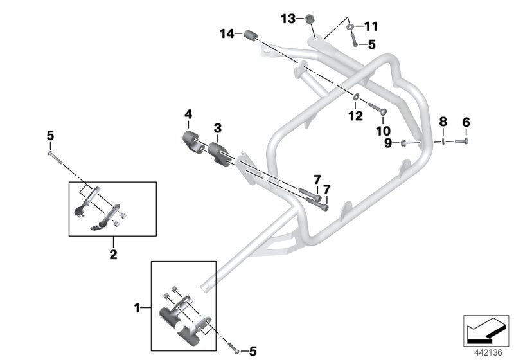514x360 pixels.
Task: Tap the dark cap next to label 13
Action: [310, 19]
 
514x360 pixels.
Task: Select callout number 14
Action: [226, 33]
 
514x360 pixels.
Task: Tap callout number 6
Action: [466, 122]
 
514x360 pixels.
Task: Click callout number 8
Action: [442, 122]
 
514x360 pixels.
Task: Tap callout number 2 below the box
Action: [112, 255]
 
